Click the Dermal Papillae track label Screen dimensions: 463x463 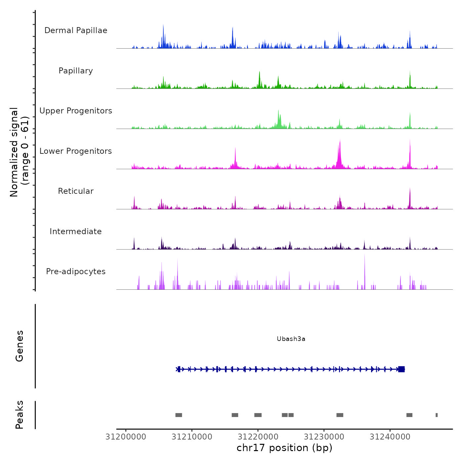[76, 30]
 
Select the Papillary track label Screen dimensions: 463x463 [76, 71]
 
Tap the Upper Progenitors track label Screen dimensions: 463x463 [76, 111]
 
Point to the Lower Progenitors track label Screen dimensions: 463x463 [76, 151]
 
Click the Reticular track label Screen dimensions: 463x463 [76, 191]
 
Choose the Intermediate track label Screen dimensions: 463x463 [76, 232]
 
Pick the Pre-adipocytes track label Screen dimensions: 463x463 [76, 272]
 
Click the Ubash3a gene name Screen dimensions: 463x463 [291, 339]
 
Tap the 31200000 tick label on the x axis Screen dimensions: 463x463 [126, 437]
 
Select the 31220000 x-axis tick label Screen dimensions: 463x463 [258, 437]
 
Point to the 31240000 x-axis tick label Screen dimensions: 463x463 [390, 437]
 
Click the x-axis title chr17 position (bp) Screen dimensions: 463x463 [284, 448]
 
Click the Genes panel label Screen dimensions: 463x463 [20, 346]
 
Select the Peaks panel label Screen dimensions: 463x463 [20, 415]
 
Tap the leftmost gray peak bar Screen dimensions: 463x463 [179, 415]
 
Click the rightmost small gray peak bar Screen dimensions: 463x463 [437, 415]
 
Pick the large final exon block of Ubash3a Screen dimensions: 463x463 [401, 369]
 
